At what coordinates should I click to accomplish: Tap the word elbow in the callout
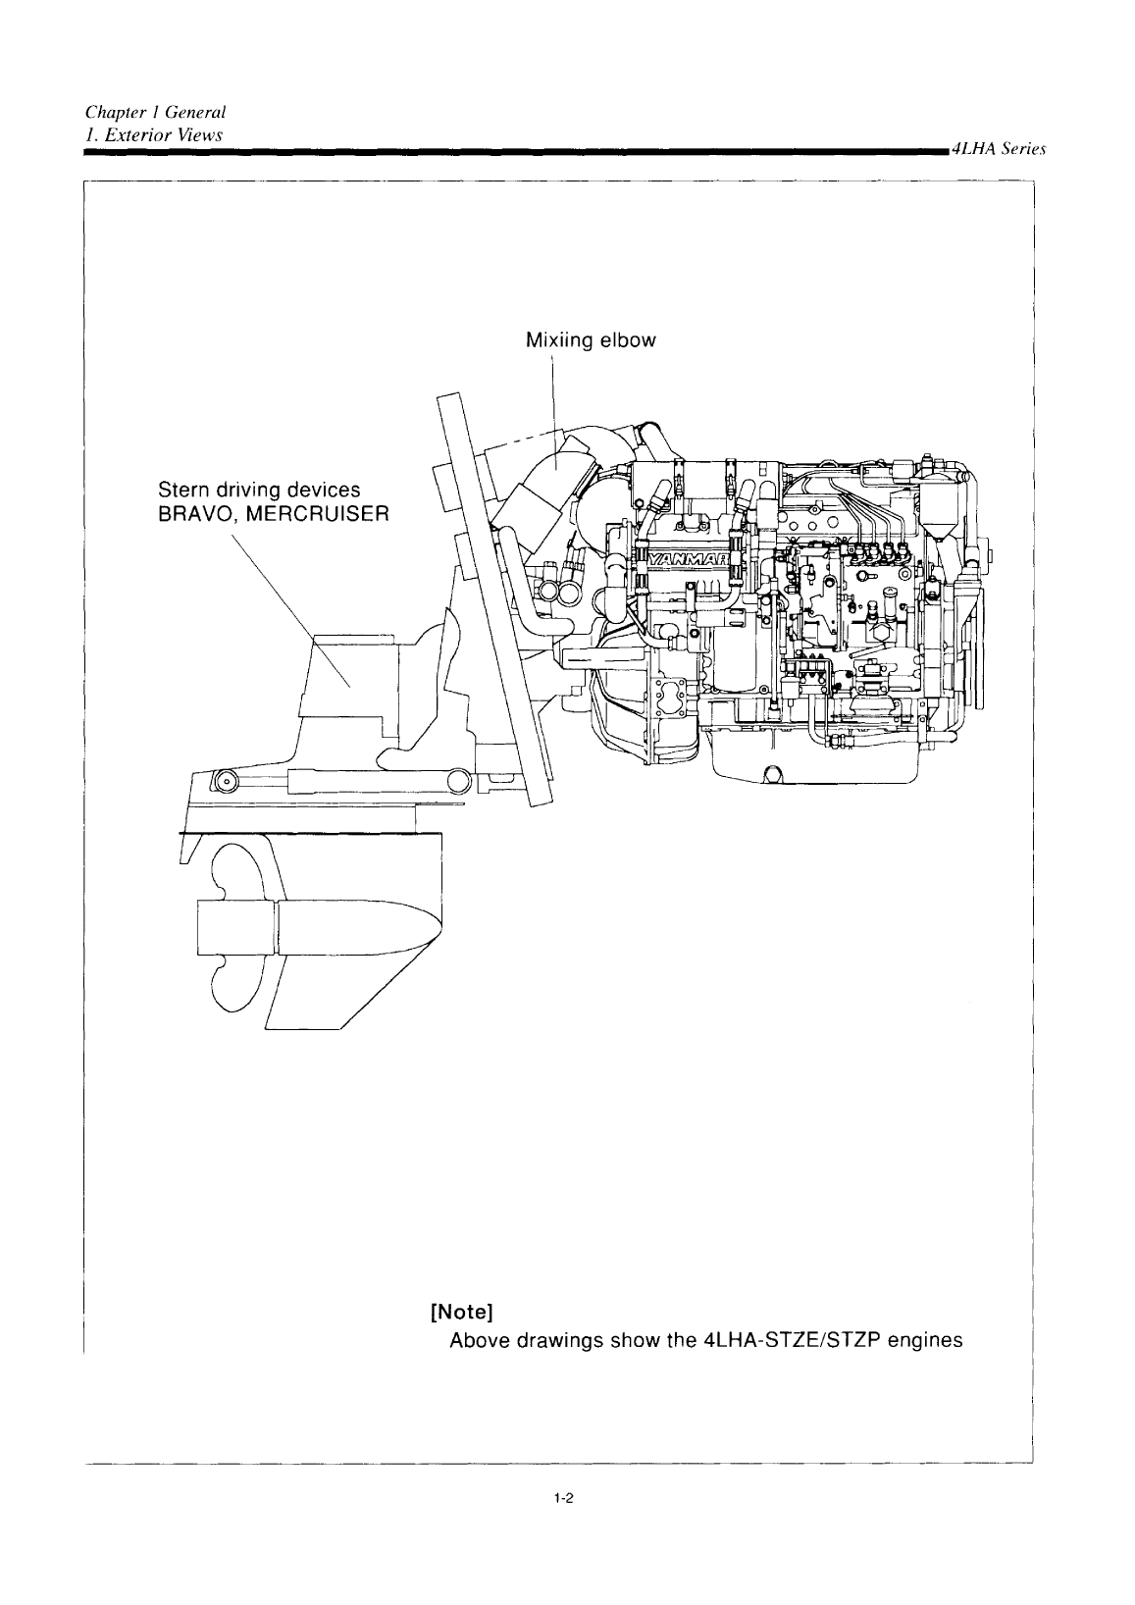[628, 341]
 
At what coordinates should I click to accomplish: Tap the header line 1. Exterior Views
[153, 132]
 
